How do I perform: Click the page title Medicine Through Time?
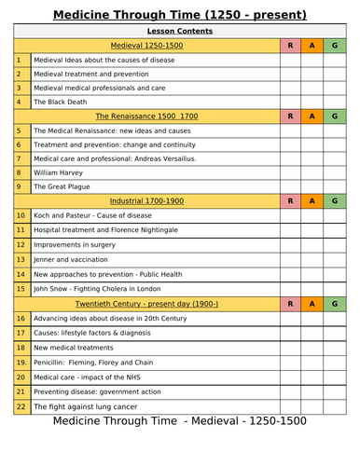click(179, 14)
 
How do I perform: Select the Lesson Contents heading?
click(179, 31)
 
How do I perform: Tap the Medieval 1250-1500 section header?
click(146, 45)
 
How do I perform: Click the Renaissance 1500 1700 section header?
click(146, 116)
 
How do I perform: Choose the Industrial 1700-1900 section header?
click(146, 200)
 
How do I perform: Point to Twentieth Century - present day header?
click(146, 303)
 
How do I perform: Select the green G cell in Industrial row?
click(335, 200)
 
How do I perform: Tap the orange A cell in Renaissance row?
click(312, 116)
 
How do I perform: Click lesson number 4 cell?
click(21, 102)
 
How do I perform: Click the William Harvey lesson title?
click(59, 172)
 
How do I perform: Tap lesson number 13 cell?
click(21, 258)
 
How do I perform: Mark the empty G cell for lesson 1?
click(335, 59)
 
